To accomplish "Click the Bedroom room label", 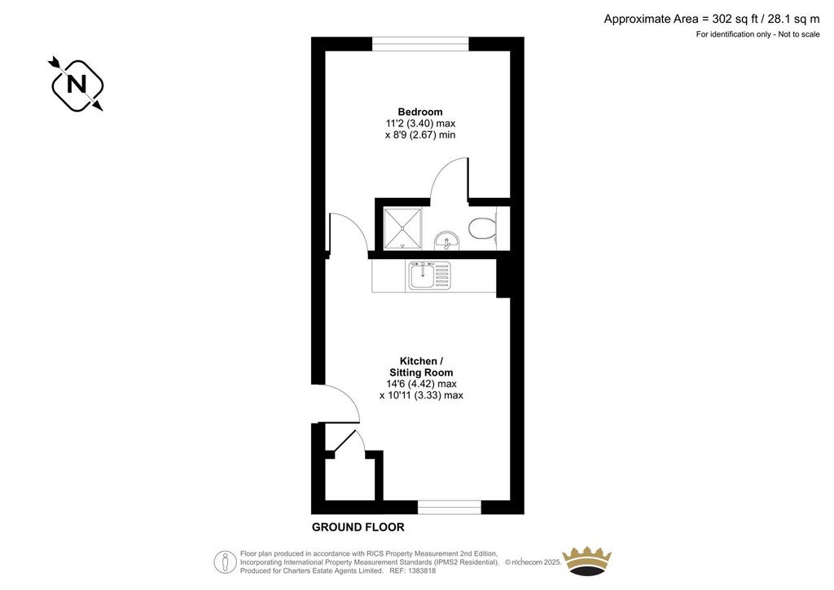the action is pos(420,112).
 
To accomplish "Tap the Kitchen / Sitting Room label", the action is pos(421,367).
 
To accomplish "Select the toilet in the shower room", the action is pos(483,228).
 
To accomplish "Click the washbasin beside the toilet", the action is pos(446,240).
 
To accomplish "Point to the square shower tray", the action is pos(402,228).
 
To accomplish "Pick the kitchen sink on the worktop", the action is pos(429,275).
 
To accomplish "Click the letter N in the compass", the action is pos(77,85).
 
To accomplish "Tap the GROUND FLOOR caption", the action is pos(358,527).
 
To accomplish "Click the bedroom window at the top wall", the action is pos(420,44).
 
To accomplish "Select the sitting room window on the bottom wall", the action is pos(450,507).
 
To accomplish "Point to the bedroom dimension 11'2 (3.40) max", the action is pos(420,123).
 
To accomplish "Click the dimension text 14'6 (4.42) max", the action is pos(421,384).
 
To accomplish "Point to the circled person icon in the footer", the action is pos(226,561).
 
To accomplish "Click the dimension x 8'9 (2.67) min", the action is pos(420,135).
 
